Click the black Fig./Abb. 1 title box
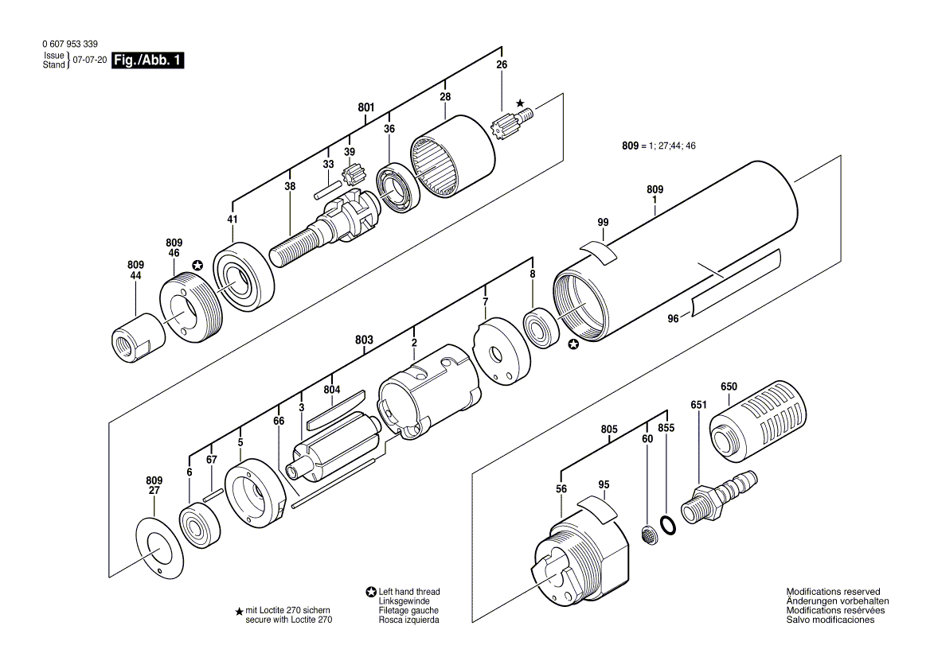tap(147, 60)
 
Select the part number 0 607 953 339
tap(70, 44)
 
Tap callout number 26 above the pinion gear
tap(502, 64)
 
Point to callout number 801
tap(366, 107)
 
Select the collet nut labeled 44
tap(139, 338)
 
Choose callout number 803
tap(364, 340)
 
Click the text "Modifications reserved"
tap(834, 591)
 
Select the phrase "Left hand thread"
tap(409, 592)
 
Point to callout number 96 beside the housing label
tap(673, 319)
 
